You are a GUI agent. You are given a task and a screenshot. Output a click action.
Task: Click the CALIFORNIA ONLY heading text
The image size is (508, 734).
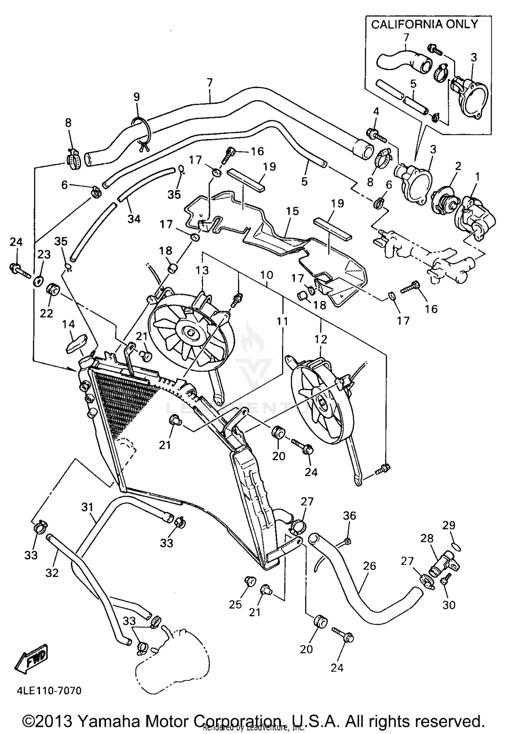pos(424,24)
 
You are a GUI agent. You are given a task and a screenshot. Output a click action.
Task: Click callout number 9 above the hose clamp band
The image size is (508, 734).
pos(136,97)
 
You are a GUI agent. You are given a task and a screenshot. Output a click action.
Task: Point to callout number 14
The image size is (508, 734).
pos(68,324)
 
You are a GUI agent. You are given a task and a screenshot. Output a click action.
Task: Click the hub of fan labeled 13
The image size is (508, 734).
pos(192,333)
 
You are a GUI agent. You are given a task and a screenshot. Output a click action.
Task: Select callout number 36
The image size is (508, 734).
pos(350,515)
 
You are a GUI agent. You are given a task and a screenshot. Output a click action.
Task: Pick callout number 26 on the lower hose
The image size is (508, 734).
pos(369,566)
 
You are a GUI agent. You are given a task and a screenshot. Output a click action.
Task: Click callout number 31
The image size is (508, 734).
pos(87,507)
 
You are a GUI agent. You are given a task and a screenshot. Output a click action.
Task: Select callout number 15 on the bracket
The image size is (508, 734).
pos(292,211)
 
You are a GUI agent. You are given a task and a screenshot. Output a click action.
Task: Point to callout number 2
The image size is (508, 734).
pos(458,166)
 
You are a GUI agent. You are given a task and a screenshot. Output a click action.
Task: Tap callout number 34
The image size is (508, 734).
pos(134,219)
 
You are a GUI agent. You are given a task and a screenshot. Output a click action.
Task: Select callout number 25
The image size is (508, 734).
pos(236,604)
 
